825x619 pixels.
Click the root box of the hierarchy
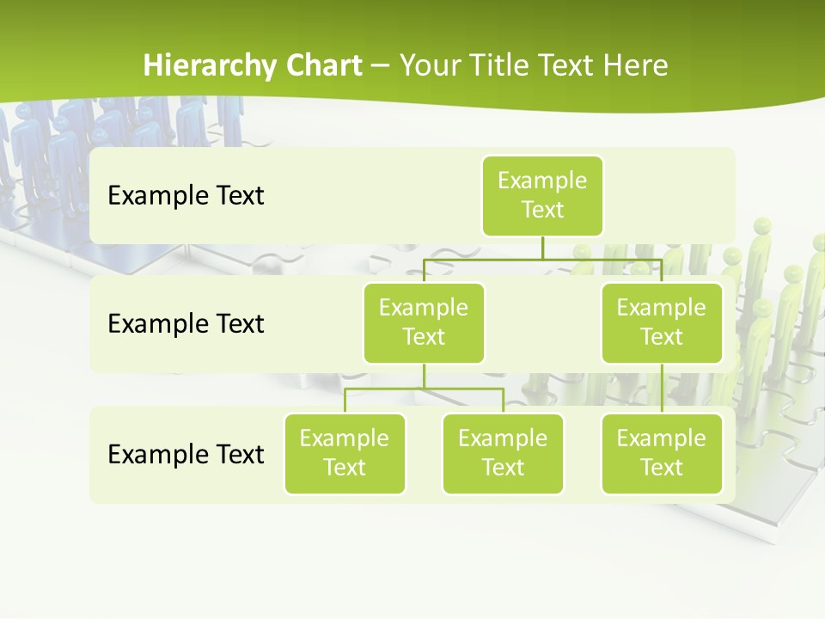click(x=542, y=196)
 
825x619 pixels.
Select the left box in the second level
click(x=424, y=323)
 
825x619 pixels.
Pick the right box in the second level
click(x=662, y=323)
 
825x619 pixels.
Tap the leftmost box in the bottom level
click(x=345, y=454)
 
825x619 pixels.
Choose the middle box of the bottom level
click(x=503, y=454)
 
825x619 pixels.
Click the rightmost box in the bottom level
click(x=662, y=454)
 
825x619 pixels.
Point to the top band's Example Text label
click(x=186, y=196)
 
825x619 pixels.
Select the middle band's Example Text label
click(x=186, y=324)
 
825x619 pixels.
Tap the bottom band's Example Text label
click(x=186, y=454)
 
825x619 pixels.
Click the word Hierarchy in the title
click(x=210, y=66)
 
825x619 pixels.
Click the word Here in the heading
click(x=636, y=65)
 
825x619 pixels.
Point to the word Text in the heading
click(x=567, y=65)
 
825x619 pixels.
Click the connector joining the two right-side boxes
click(x=662, y=389)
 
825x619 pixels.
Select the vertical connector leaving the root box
click(x=542, y=248)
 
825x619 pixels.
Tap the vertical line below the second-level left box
click(x=424, y=376)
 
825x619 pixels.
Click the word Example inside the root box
click(x=542, y=181)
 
